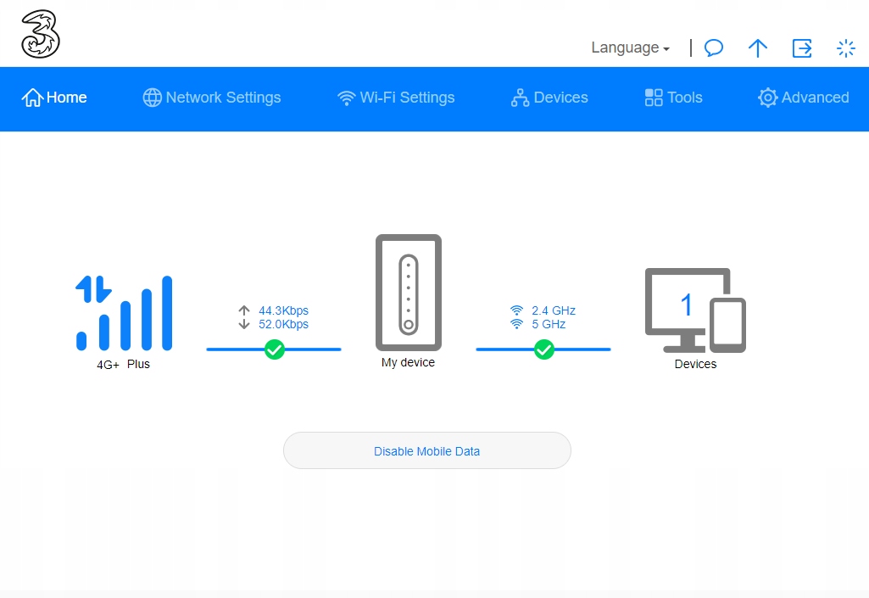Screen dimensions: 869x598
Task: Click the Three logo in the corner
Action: coord(41,34)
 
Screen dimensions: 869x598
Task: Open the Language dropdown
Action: coord(630,48)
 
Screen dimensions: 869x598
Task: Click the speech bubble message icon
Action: coord(714,48)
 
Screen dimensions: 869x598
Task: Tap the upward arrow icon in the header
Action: coord(758,48)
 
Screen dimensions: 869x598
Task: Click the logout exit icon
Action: coord(802,48)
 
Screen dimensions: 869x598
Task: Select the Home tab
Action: coord(54,98)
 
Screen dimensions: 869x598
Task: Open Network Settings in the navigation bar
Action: coord(212,98)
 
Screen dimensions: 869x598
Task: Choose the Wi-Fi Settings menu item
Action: coord(396,98)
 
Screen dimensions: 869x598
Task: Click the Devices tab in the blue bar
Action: coord(549,98)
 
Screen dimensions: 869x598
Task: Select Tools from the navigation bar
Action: coord(673,98)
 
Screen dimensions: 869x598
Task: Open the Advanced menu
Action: coord(803,98)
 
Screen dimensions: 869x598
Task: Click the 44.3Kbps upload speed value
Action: coord(283,310)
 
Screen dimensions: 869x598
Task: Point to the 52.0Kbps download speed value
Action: coord(283,325)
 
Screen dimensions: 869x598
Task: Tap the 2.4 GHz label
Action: coord(553,310)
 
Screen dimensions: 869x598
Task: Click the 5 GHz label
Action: coord(549,325)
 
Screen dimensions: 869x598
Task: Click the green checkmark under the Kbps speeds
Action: coord(275,349)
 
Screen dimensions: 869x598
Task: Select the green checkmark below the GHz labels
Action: coord(543,349)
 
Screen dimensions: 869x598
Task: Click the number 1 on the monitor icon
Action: coord(686,305)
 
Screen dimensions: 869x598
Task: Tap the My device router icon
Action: coord(409,293)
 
